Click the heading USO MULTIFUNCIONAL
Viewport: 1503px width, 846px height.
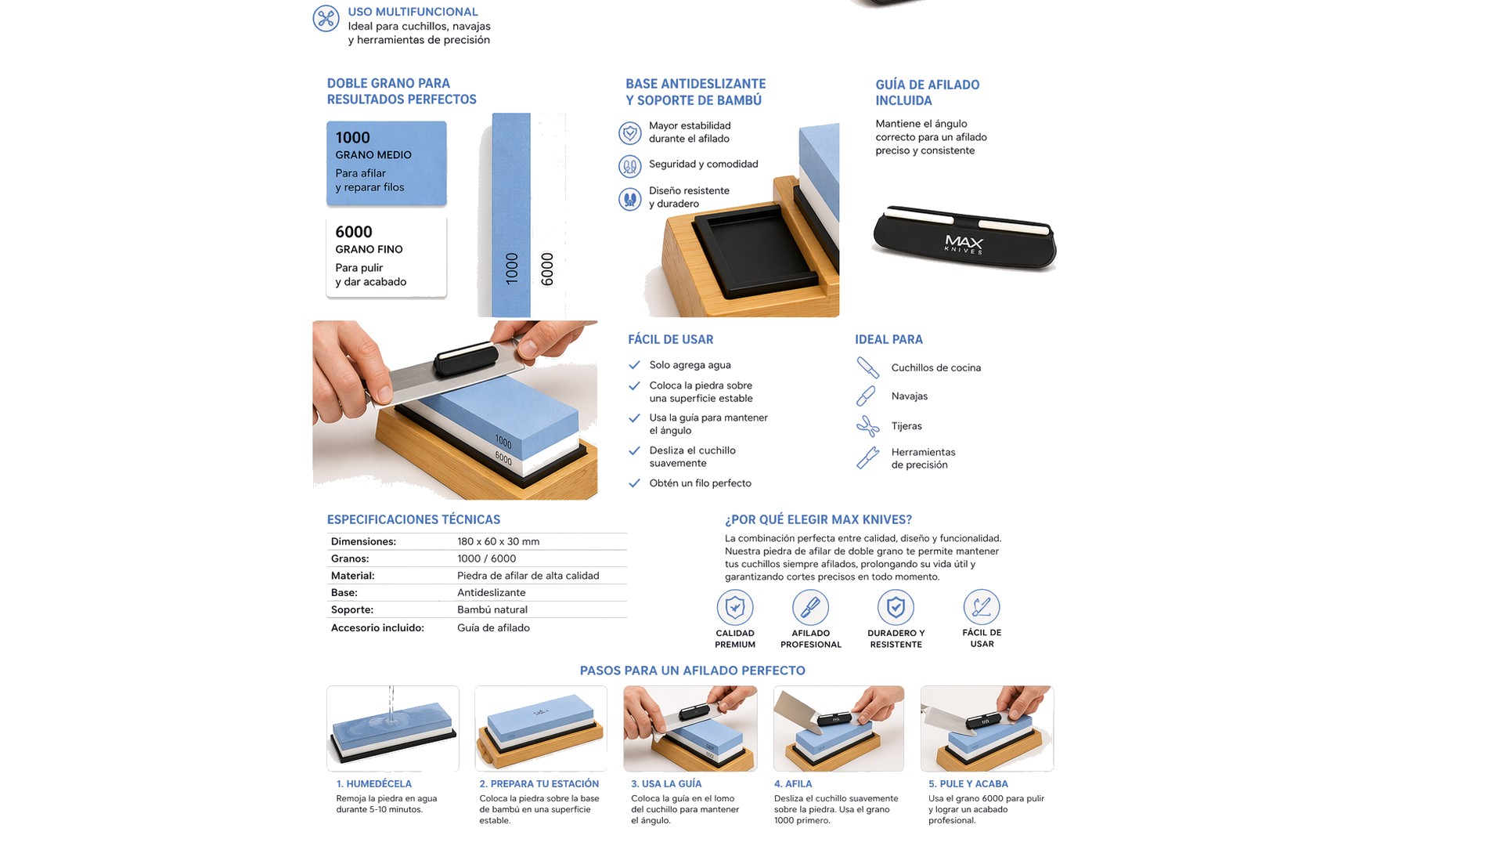(x=413, y=12)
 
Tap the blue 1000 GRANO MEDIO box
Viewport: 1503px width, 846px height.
(x=387, y=164)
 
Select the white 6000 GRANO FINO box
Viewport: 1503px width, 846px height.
(x=387, y=258)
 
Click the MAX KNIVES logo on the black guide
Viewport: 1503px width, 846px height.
(x=964, y=244)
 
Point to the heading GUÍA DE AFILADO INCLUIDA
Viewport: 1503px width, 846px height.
(x=928, y=92)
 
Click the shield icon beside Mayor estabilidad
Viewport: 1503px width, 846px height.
(x=630, y=132)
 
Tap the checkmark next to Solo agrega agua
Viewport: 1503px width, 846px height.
(x=634, y=365)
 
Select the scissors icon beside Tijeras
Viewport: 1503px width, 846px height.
(x=867, y=426)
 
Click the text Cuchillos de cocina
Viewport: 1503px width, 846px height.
(x=936, y=368)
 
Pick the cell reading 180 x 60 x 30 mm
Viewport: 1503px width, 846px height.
(x=499, y=541)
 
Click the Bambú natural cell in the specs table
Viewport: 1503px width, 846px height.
(x=492, y=609)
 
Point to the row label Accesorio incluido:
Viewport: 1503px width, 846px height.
(x=377, y=628)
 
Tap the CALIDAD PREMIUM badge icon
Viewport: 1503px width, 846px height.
(x=735, y=607)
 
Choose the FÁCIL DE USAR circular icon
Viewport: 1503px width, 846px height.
(x=982, y=606)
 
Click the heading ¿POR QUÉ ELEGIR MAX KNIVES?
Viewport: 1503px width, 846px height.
(x=818, y=519)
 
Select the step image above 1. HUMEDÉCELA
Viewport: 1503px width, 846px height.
(x=393, y=728)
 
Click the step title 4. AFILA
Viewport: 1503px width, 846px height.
(x=793, y=784)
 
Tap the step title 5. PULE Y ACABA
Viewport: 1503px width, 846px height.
(x=968, y=784)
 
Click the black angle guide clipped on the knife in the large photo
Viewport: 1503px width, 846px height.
(x=467, y=360)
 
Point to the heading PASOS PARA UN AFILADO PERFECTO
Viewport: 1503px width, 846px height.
(x=693, y=671)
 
